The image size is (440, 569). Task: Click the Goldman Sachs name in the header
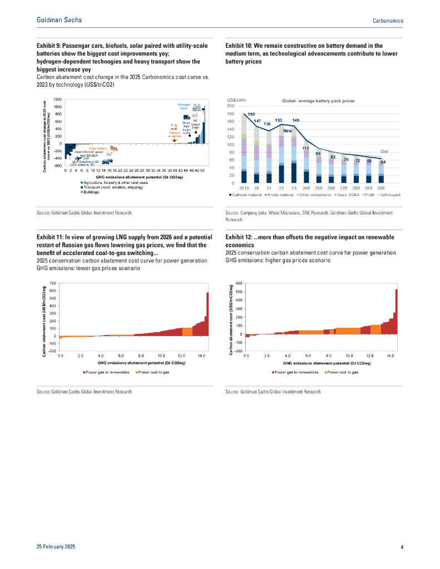59,20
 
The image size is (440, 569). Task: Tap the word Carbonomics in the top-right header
388,21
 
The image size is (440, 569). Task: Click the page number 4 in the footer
402,547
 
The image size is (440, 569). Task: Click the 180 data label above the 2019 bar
251,114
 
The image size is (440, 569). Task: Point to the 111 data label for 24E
305,148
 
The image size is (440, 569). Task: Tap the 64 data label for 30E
383,162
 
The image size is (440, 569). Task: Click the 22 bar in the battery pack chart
281,156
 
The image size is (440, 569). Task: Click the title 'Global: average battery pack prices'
318,101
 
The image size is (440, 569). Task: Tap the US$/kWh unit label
237,100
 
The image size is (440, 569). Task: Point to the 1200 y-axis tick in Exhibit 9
57,98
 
